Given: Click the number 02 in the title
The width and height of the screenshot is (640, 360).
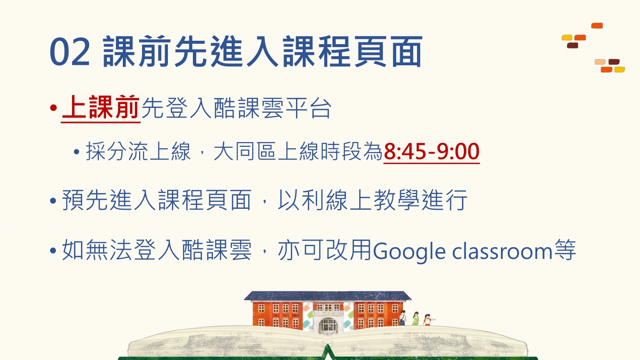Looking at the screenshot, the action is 70,52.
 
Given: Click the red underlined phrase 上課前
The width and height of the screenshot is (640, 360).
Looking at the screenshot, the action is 101,108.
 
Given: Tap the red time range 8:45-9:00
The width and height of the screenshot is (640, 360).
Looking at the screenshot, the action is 431,152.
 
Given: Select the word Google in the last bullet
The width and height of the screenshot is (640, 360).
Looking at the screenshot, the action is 409,252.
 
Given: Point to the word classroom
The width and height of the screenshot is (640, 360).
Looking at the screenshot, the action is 502,251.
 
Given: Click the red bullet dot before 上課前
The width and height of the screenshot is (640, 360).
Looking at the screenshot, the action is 53,108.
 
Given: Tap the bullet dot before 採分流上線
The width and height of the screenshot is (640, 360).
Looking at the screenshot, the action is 76,152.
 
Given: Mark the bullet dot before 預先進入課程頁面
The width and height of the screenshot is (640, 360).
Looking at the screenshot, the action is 53,201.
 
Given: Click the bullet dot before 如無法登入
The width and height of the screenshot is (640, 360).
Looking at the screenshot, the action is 53,251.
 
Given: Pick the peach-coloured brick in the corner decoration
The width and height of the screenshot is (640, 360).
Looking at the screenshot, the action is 600,62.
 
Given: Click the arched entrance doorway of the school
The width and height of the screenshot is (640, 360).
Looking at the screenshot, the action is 328,326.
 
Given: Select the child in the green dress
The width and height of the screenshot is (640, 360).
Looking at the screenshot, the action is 415,319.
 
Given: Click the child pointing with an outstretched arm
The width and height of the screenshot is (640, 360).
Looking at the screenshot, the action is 428,320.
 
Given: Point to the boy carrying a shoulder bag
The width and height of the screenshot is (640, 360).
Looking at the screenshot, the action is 403,318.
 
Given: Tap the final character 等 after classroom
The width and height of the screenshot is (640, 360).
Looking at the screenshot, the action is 565,250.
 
